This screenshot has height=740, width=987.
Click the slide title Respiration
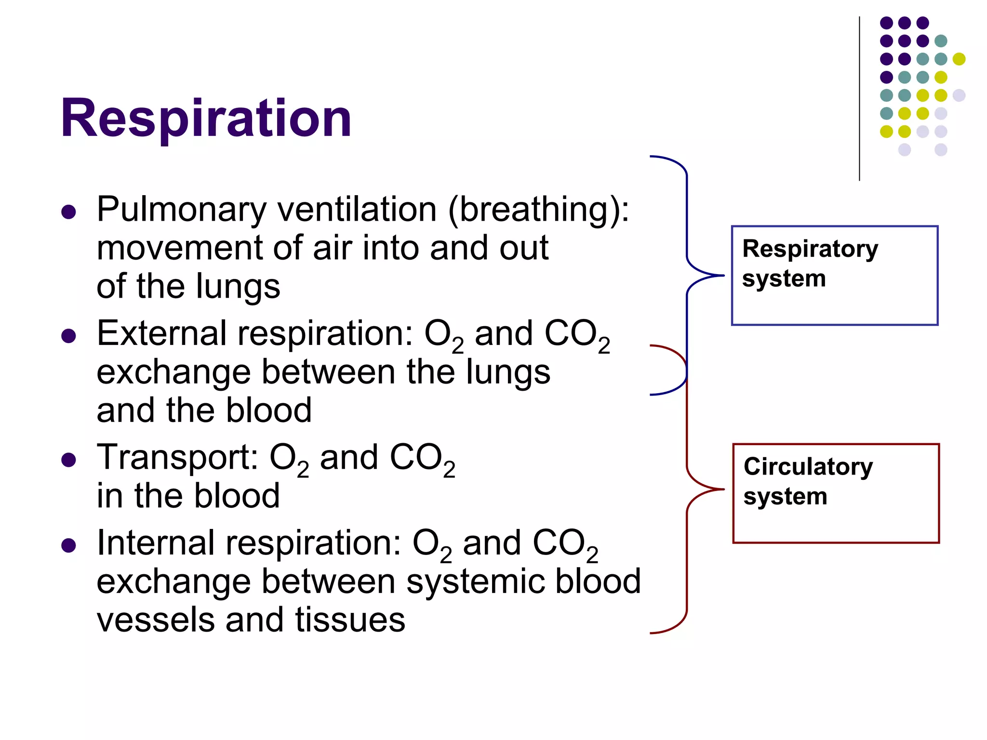coord(206,118)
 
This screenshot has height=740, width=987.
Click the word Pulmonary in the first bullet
coord(181,210)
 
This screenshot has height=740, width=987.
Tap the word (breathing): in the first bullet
coord(538,210)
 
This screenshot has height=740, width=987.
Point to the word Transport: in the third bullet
coord(177,458)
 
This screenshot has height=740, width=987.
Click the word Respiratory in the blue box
coord(810,249)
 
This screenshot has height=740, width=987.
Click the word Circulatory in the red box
coord(808,466)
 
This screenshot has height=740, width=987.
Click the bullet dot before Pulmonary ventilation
coord(69,212)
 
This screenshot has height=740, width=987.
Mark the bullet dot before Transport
coord(69,460)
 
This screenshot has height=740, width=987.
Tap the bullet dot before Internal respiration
coord(69,546)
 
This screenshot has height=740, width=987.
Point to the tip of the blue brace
coord(723,276)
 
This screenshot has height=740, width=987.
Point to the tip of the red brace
coord(723,489)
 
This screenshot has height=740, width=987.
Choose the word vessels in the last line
coord(155,620)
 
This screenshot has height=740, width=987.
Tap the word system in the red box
coord(785,497)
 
